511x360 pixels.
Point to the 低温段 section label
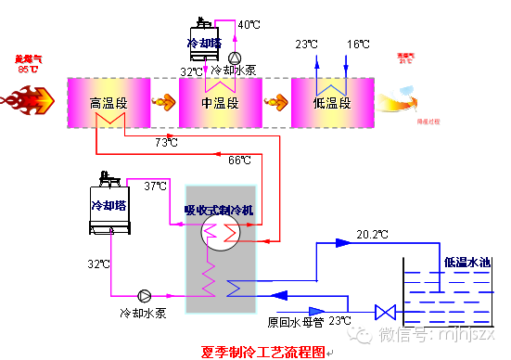coord(331,102)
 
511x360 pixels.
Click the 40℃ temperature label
coord(249,24)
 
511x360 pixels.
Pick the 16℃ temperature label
coord(359,44)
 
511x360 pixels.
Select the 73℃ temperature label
coord(167,142)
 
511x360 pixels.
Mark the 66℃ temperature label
coord(239,160)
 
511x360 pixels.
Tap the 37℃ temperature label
coord(155,186)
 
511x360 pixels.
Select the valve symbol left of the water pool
coord(380,311)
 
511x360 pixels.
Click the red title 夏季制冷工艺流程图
coord(262,352)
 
